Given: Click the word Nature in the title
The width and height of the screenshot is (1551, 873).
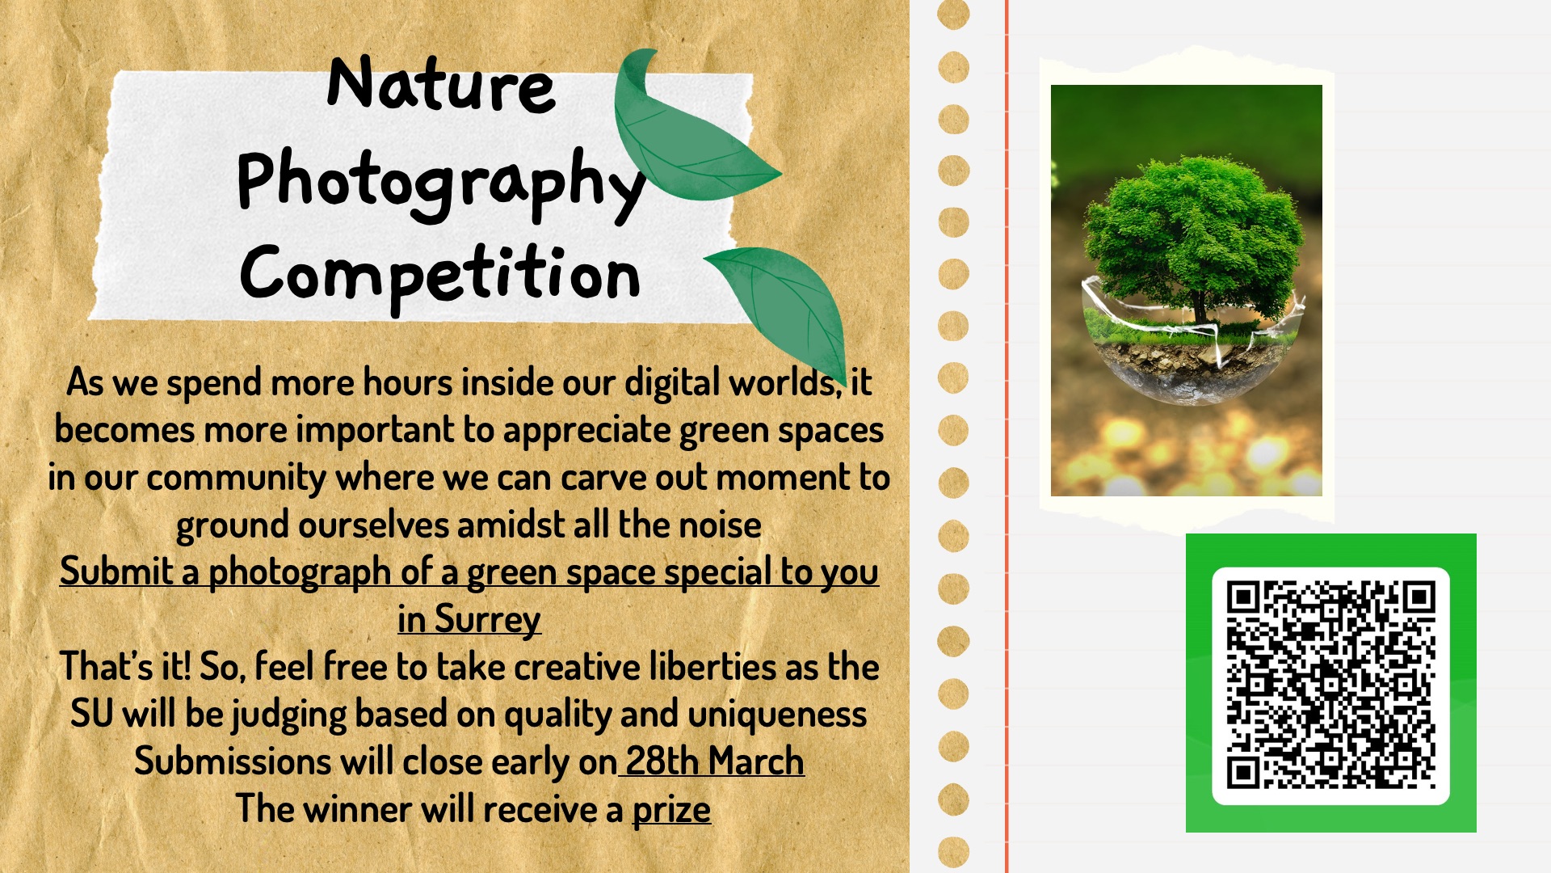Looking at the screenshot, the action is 441,84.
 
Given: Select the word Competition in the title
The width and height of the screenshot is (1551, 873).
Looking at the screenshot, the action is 440,275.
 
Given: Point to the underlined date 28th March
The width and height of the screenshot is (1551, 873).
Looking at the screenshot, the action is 715,761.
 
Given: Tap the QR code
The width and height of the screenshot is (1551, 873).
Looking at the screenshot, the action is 1330,685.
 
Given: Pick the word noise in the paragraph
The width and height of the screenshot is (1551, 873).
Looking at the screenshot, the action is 720,525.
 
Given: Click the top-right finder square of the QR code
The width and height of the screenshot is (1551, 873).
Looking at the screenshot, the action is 1418,599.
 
